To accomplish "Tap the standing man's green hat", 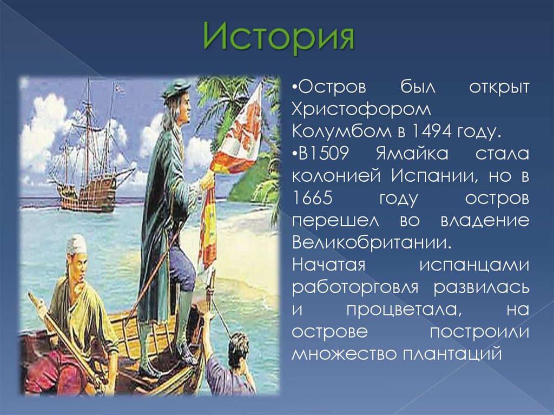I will tap(177, 88).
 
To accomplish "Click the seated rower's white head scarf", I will tap(76, 244).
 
